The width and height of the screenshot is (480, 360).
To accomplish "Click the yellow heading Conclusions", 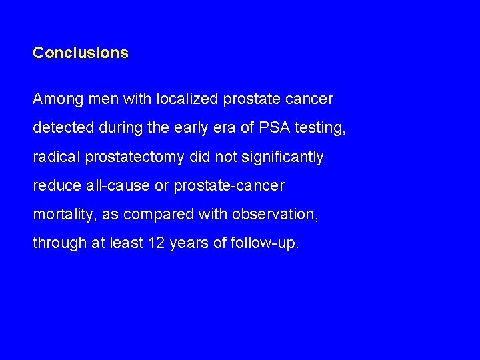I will (x=81, y=52).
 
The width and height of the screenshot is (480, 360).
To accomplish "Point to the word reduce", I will (x=55, y=186).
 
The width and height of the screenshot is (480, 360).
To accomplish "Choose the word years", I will (x=189, y=243).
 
